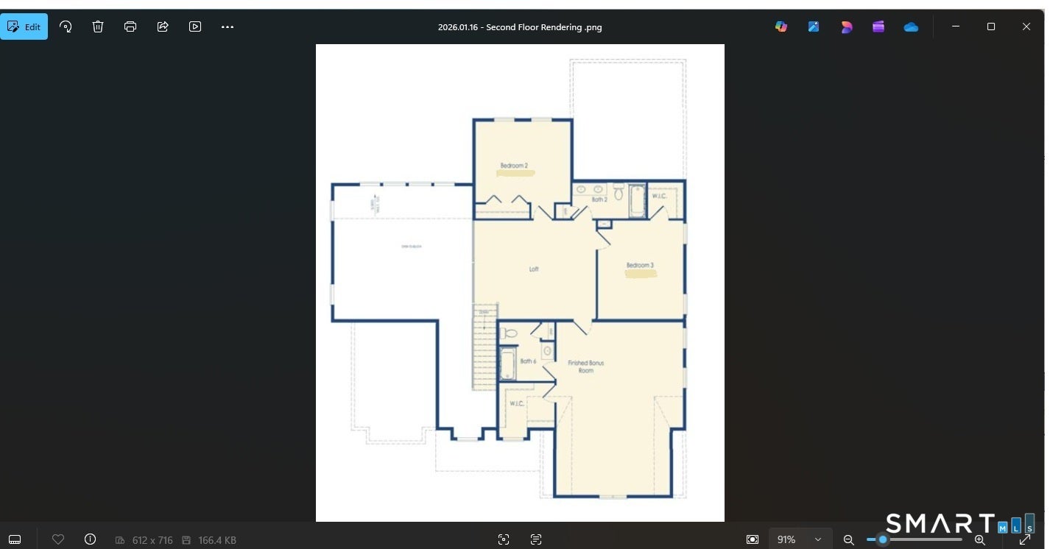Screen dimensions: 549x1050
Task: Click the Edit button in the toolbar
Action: pos(24,27)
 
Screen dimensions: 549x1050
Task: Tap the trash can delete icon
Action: pos(98,27)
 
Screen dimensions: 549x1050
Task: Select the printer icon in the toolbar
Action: pos(130,27)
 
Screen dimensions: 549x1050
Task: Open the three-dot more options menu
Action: pos(228,27)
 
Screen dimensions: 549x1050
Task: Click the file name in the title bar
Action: pos(519,27)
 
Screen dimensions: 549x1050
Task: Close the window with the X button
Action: pos(1026,26)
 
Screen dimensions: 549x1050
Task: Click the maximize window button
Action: pos(990,26)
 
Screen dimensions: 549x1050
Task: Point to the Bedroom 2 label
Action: pos(514,166)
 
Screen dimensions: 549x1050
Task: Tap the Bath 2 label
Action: pos(599,199)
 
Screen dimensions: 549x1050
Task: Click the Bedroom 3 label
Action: pos(640,265)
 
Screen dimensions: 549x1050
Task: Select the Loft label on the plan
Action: pos(534,269)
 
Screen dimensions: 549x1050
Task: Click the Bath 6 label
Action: pos(528,361)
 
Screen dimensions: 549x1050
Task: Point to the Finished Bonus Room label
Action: pos(585,366)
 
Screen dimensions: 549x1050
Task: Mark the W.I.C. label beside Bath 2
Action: pos(659,196)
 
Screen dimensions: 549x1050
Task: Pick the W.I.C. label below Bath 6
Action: pos(517,403)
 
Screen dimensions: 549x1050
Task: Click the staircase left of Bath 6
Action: pos(485,350)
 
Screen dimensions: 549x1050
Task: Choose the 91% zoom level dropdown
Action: pos(798,539)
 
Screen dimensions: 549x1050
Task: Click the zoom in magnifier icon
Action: pos(979,539)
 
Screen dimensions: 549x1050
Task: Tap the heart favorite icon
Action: pos(58,539)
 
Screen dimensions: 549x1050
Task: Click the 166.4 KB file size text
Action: pos(216,540)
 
